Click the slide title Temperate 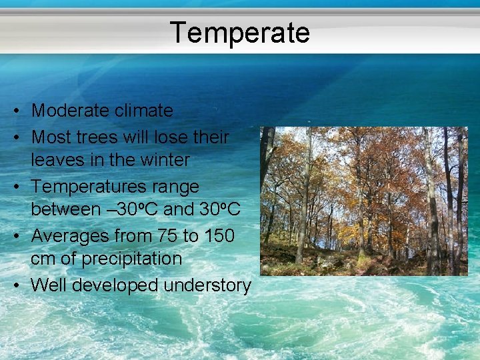239,32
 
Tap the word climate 144,111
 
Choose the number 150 218,236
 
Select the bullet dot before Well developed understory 21,286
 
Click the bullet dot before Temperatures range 21,187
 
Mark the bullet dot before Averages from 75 21,237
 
